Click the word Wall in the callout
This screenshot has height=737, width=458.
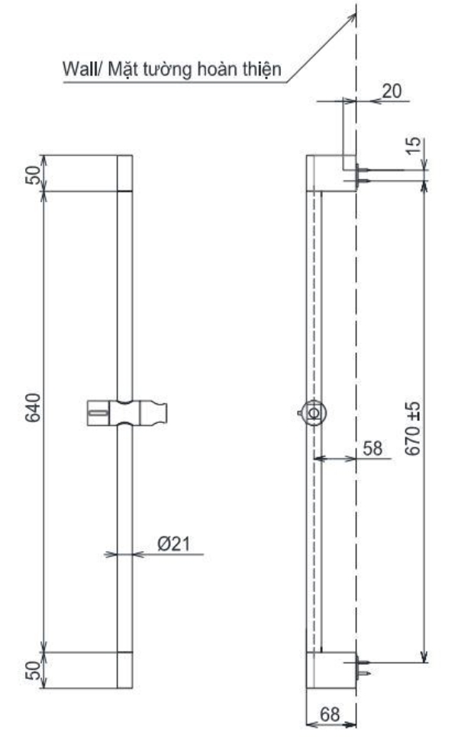click(79, 70)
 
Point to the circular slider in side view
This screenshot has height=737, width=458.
click(314, 412)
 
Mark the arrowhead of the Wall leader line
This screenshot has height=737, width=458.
click(354, 14)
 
